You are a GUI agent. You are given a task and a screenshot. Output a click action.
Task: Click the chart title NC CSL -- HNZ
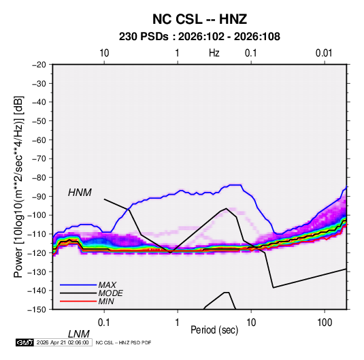199,19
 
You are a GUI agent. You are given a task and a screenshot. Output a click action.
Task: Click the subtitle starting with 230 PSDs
199,37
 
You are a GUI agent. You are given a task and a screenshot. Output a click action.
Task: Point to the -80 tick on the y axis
39,178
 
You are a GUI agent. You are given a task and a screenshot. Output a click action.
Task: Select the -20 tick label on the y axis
39,65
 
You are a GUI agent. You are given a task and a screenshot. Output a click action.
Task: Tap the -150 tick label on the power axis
37,310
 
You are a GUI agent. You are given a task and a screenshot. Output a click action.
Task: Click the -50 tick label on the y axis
39,120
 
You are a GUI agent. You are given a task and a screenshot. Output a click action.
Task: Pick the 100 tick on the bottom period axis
325,323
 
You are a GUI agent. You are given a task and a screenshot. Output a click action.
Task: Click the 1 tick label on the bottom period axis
178,323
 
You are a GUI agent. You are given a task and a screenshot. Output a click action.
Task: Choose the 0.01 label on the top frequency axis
324,53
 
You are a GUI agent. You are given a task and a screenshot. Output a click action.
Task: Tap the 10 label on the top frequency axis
104,53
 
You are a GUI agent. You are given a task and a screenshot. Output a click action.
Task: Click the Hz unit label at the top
214,53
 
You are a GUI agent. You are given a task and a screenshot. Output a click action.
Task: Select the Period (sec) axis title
214,330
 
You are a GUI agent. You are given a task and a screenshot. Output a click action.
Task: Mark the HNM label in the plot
80,193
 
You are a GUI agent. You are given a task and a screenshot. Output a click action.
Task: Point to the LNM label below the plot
79,334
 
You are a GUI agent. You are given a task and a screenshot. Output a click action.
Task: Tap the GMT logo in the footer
24,342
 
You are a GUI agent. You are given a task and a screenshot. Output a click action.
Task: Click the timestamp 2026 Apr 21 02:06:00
63,342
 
